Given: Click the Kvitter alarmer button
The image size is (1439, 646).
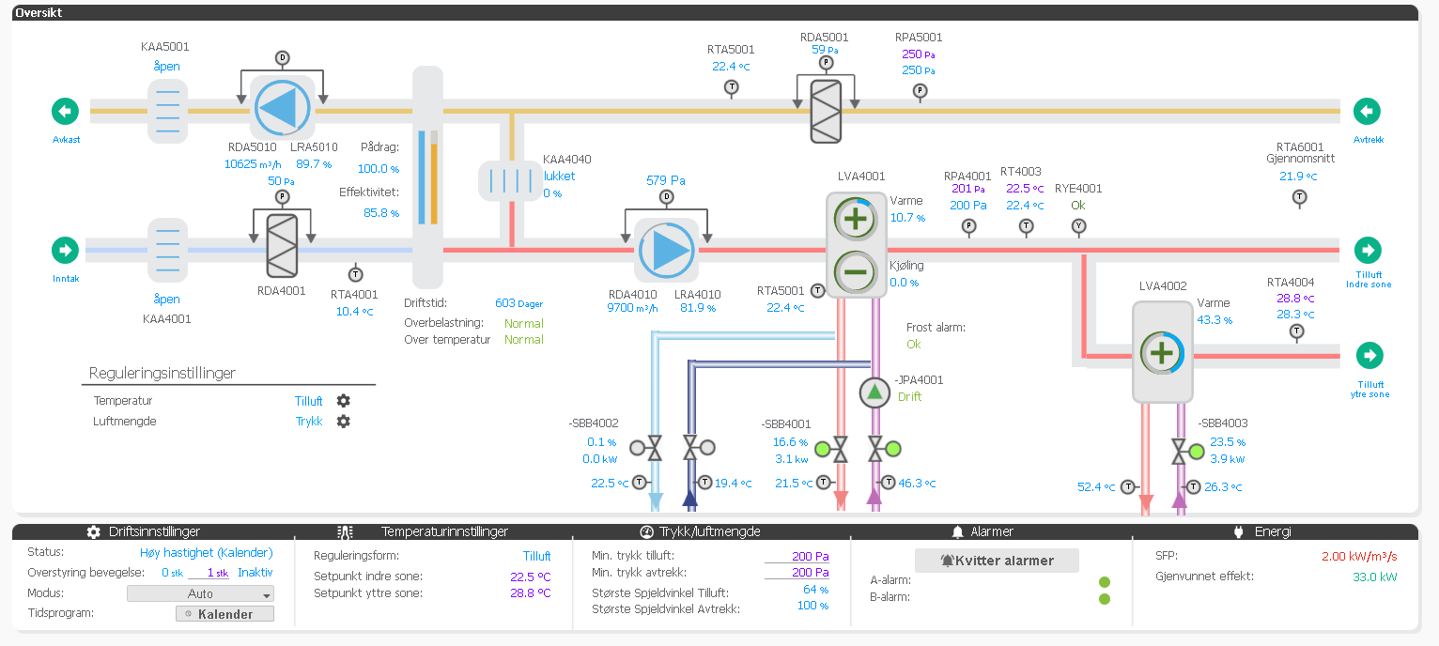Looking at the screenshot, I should (997, 561).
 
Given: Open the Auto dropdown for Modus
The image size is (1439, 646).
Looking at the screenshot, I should (200, 593).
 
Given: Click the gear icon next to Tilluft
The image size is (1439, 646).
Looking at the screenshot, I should (344, 401).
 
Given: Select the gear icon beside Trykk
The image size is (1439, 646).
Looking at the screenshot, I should (344, 422).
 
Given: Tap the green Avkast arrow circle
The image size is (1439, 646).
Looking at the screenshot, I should (65, 112).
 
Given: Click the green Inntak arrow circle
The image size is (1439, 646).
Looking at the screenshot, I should (65, 251).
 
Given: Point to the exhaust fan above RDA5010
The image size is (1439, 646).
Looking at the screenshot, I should (281, 108).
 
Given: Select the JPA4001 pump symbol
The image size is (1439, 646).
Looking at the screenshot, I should (874, 392).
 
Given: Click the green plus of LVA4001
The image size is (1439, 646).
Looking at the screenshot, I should (855, 220).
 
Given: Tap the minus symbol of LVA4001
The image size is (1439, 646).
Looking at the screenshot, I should (855, 272).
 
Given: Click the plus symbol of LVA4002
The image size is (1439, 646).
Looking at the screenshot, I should (1162, 354).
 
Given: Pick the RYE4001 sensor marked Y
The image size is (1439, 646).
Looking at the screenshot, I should (1078, 226).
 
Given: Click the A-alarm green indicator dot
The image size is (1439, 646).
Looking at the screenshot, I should (1105, 582).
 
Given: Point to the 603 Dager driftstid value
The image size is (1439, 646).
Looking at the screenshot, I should (518, 303).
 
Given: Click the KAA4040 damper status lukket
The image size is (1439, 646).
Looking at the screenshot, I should (559, 176).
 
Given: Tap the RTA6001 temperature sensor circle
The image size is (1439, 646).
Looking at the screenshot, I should (1299, 197).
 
